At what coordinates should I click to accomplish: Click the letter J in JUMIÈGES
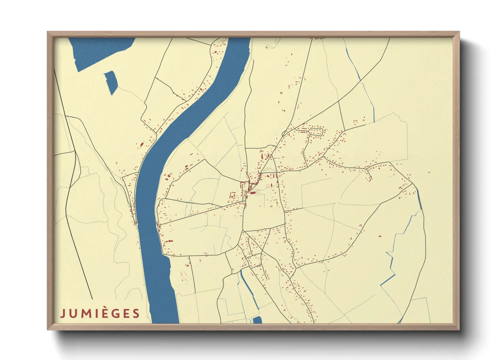[63, 313]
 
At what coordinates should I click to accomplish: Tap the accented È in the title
[107, 313]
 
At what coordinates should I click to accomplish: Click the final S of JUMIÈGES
[137, 313]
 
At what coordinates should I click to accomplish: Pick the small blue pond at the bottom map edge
[257, 320]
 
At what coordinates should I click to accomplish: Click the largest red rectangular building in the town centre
[253, 193]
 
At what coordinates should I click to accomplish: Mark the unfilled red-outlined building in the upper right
[355, 122]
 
